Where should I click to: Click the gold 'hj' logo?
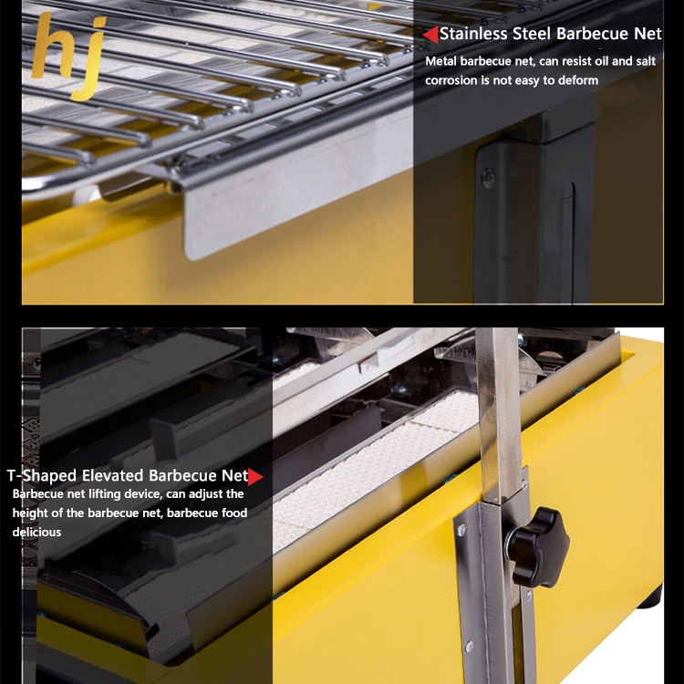tap(70, 55)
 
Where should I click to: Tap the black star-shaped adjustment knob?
tap(538, 546)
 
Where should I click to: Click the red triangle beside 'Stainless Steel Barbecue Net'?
tap(430, 35)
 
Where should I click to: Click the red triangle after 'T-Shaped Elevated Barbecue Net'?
tap(255, 477)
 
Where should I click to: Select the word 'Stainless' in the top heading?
tap(473, 34)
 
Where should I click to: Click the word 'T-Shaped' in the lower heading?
tap(42, 475)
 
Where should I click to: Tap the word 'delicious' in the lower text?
tap(36, 533)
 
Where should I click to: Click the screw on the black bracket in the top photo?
tap(488, 179)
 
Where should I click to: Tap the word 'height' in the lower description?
tap(30, 513)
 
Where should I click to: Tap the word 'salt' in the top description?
tap(646, 61)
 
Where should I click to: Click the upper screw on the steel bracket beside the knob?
tap(461, 530)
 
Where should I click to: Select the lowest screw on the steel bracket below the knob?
tap(470, 647)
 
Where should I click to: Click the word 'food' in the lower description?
tap(235, 513)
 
